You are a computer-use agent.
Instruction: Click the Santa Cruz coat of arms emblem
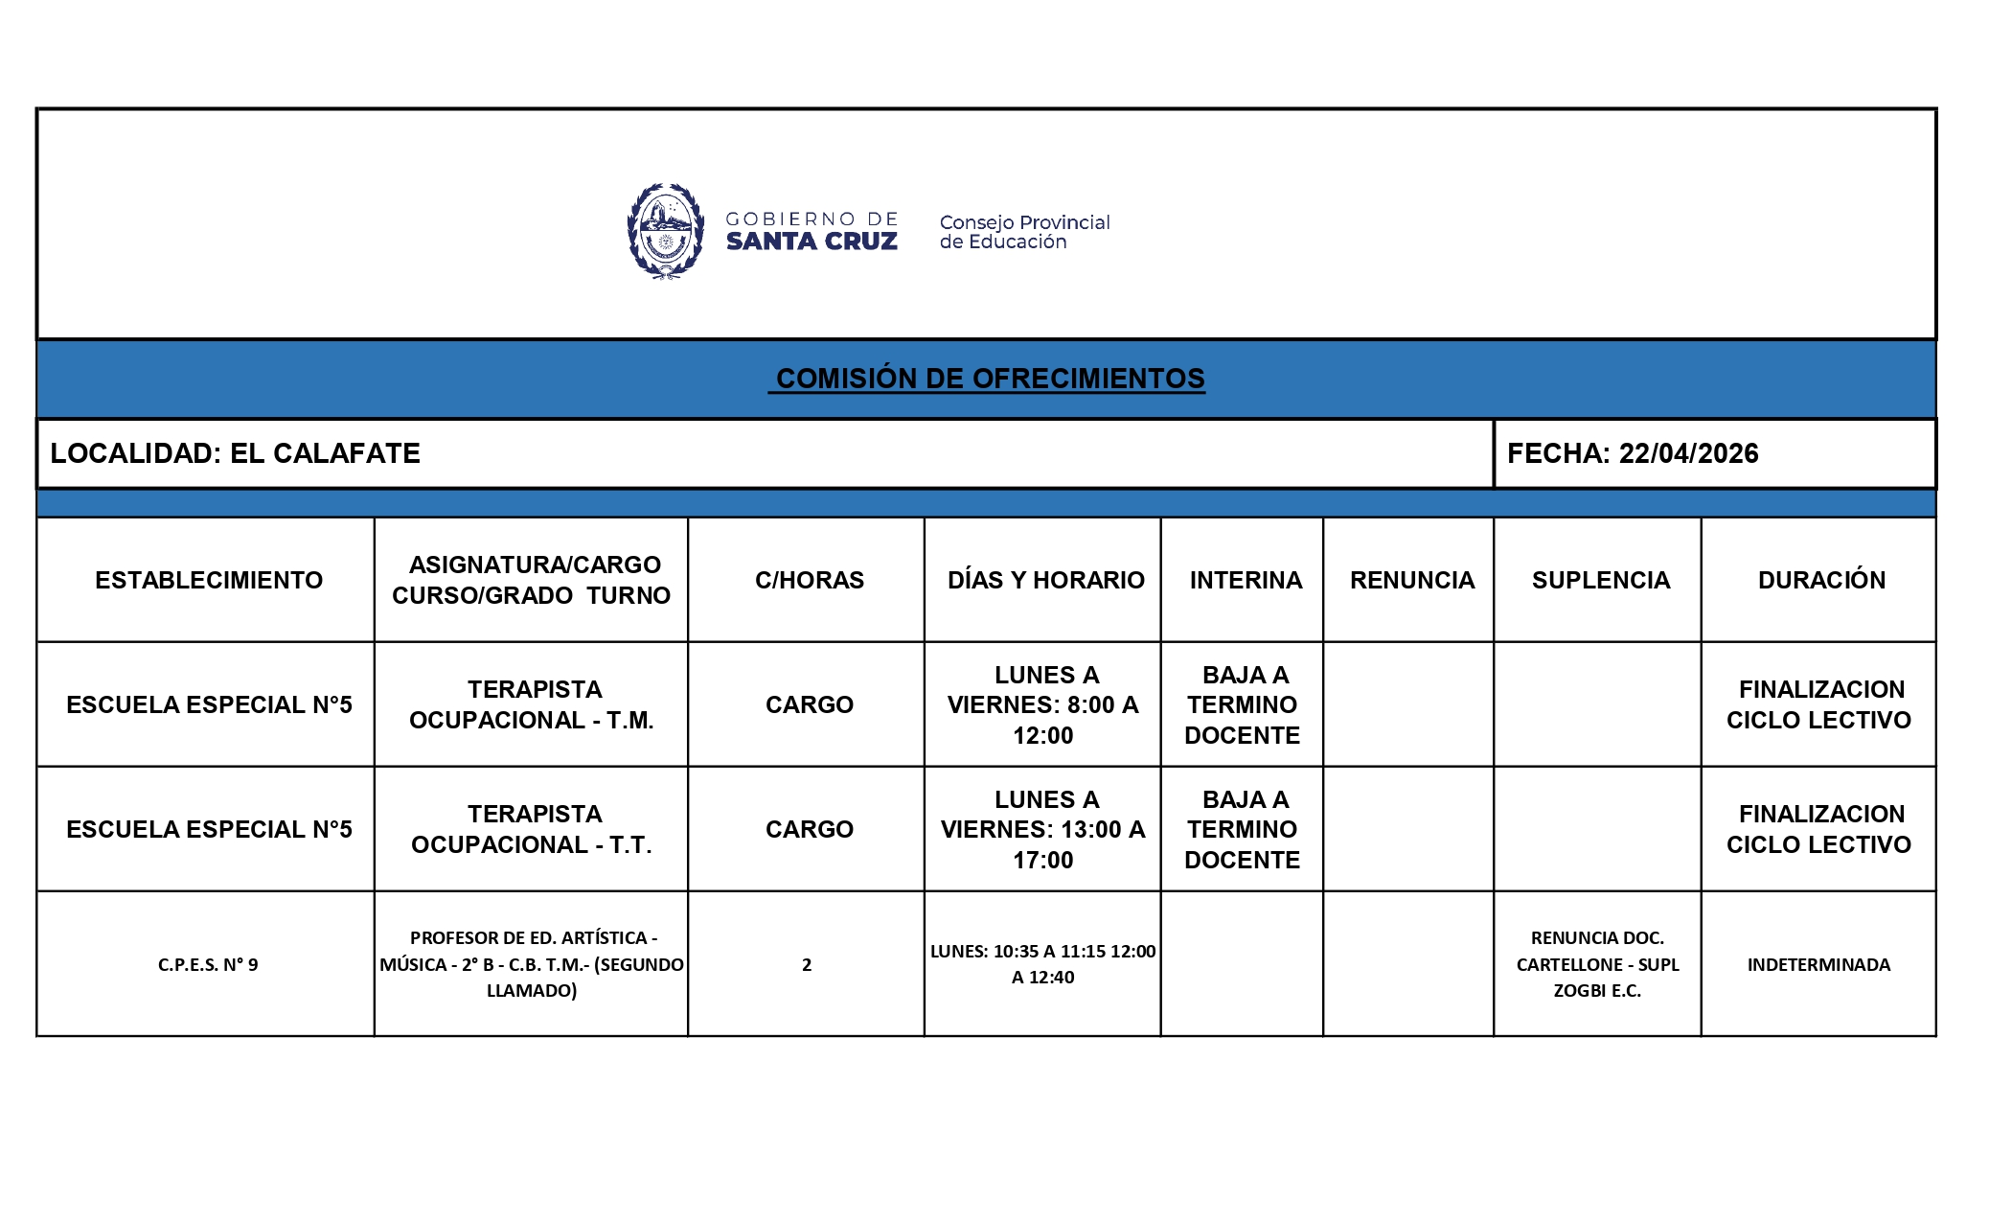click(x=665, y=231)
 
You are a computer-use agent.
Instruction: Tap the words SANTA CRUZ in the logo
click(x=812, y=242)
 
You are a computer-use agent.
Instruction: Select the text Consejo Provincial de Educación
click(x=1023, y=232)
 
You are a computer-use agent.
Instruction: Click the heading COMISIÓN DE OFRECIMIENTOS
click(x=990, y=379)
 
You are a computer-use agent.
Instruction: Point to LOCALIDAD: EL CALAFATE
click(x=236, y=453)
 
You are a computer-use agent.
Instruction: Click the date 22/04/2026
click(x=1688, y=453)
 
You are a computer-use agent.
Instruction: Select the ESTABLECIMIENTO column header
click(x=209, y=580)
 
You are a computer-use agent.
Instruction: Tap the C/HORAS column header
click(x=809, y=580)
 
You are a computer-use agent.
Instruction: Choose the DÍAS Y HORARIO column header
click(x=1045, y=580)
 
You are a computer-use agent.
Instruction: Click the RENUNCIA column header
click(x=1411, y=580)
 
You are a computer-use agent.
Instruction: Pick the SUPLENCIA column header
click(x=1600, y=580)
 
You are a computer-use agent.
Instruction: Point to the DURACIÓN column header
click(x=1820, y=580)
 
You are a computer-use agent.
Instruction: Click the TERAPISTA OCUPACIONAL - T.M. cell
click(x=533, y=704)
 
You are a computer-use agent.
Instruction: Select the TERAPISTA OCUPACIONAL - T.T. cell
click(x=533, y=829)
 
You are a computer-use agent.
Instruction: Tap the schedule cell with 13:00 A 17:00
click(x=1043, y=829)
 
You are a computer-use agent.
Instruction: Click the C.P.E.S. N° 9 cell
click(x=208, y=964)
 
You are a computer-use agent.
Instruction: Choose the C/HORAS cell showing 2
click(x=807, y=964)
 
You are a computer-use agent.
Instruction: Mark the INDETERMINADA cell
click(x=1818, y=964)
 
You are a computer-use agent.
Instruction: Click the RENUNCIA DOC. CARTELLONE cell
click(x=1597, y=964)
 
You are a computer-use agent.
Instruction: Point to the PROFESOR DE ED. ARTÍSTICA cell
click(x=532, y=964)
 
